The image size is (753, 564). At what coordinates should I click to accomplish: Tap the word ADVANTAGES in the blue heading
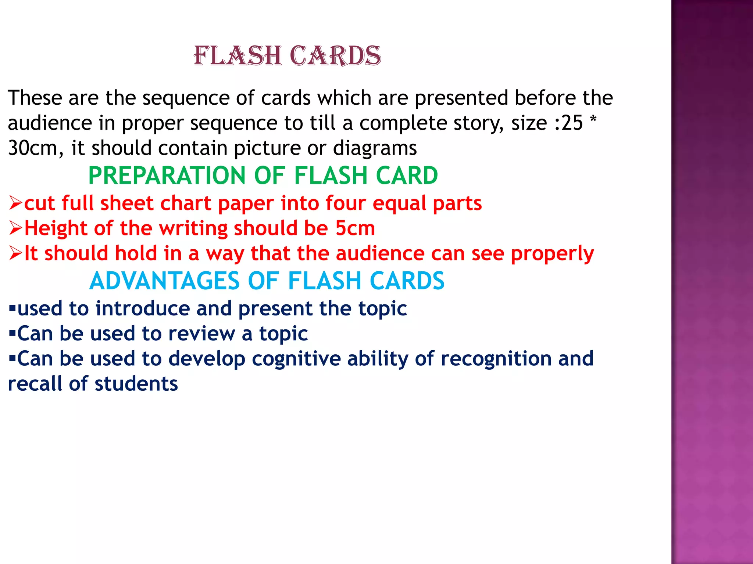164,281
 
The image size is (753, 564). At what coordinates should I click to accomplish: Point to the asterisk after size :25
593,120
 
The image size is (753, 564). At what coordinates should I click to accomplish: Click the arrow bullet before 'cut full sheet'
16,203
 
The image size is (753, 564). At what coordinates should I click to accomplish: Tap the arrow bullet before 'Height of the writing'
16,228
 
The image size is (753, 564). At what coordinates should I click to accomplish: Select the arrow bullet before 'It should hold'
16,253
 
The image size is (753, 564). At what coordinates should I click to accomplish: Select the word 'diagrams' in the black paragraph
375,149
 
